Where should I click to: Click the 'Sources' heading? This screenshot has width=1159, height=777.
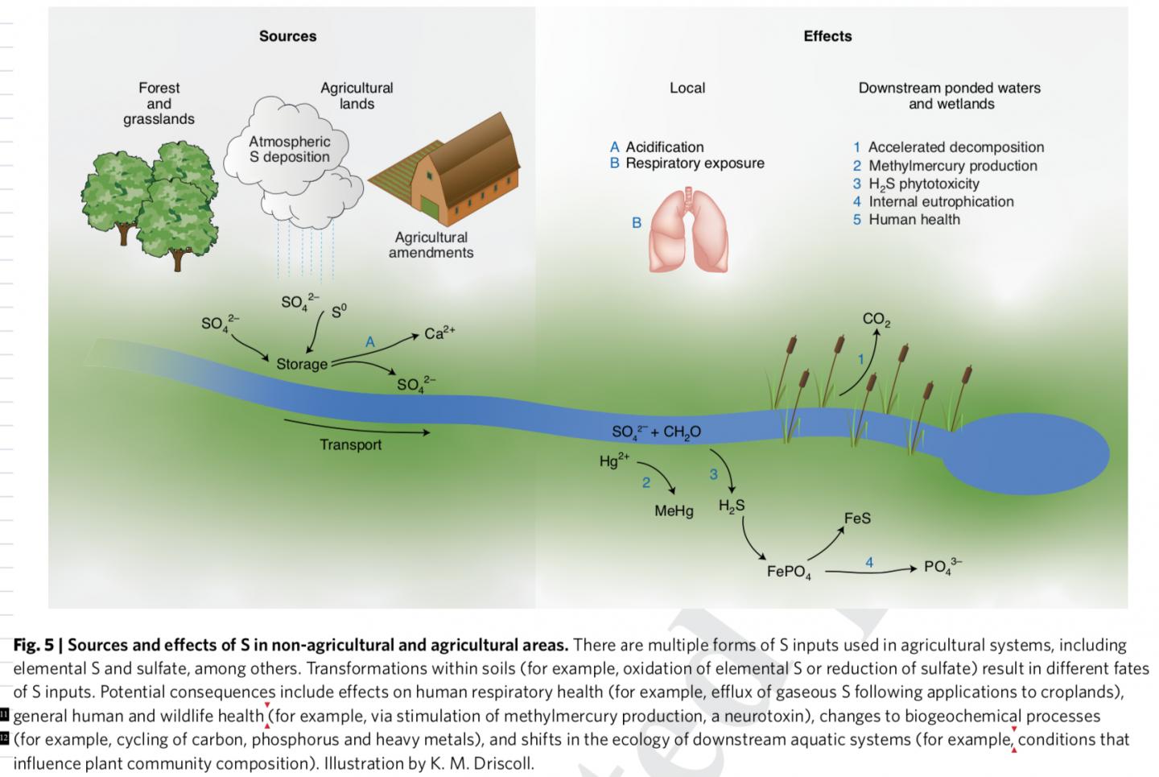pyautogui.click(x=287, y=36)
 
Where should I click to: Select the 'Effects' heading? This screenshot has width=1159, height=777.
pyautogui.click(x=827, y=36)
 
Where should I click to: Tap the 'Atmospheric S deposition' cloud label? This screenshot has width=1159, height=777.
pyautogui.click(x=289, y=150)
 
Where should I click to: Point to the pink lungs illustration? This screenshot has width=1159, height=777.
pyautogui.click(x=688, y=229)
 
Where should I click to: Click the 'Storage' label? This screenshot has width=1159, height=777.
pyautogui.click(x=302, y=364)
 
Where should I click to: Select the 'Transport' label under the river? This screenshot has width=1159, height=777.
pyautogui.click(x=350, y=444)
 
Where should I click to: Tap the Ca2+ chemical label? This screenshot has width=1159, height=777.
pyautogui.click(x=439, y=333)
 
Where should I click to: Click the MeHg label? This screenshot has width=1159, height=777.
pyautogui.click(x=674, y=510)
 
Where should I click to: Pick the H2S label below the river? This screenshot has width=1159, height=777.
pyautogui.click(x=732, y=506)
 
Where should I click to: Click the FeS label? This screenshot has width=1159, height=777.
pyautogui.click(x=857, y=519)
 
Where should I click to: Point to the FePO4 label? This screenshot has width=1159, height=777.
pyautogui.click(x=789, y=572)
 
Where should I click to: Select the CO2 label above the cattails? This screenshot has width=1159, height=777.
pyautogui.click(x=876, y=320)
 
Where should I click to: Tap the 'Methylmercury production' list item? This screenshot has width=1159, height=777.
pyautogui.click(x=952, y=166)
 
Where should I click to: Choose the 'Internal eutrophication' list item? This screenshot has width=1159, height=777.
pyautogui.click(x=940, y=201)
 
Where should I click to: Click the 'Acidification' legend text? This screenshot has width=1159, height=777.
pyautogui.click(x=664, y=147)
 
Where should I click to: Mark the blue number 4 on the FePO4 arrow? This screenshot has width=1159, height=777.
pyautogui.click(x=869, y=562)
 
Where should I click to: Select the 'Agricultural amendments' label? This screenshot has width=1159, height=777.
pyautogui.click(x=431, y=245)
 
